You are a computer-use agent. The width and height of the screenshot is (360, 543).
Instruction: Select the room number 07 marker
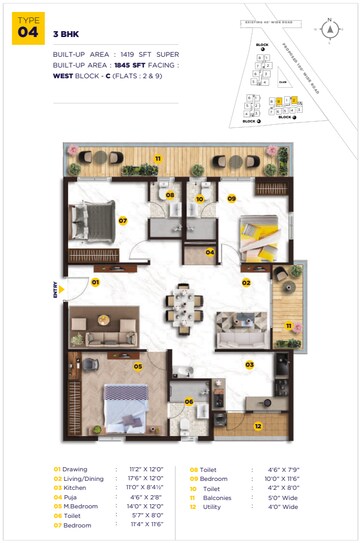click(x=124, y=220)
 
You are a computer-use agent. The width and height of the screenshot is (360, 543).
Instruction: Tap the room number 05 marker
click(x=139, y=366)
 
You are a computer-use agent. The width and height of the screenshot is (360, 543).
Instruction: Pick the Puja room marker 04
click(x=210, y=252)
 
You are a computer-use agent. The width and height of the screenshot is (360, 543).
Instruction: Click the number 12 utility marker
click(x=257, y=426)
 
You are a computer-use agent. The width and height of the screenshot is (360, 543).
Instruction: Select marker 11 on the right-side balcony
click(x=288, y=326)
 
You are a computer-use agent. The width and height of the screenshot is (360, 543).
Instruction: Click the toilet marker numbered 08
click(x=171, y=195)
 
